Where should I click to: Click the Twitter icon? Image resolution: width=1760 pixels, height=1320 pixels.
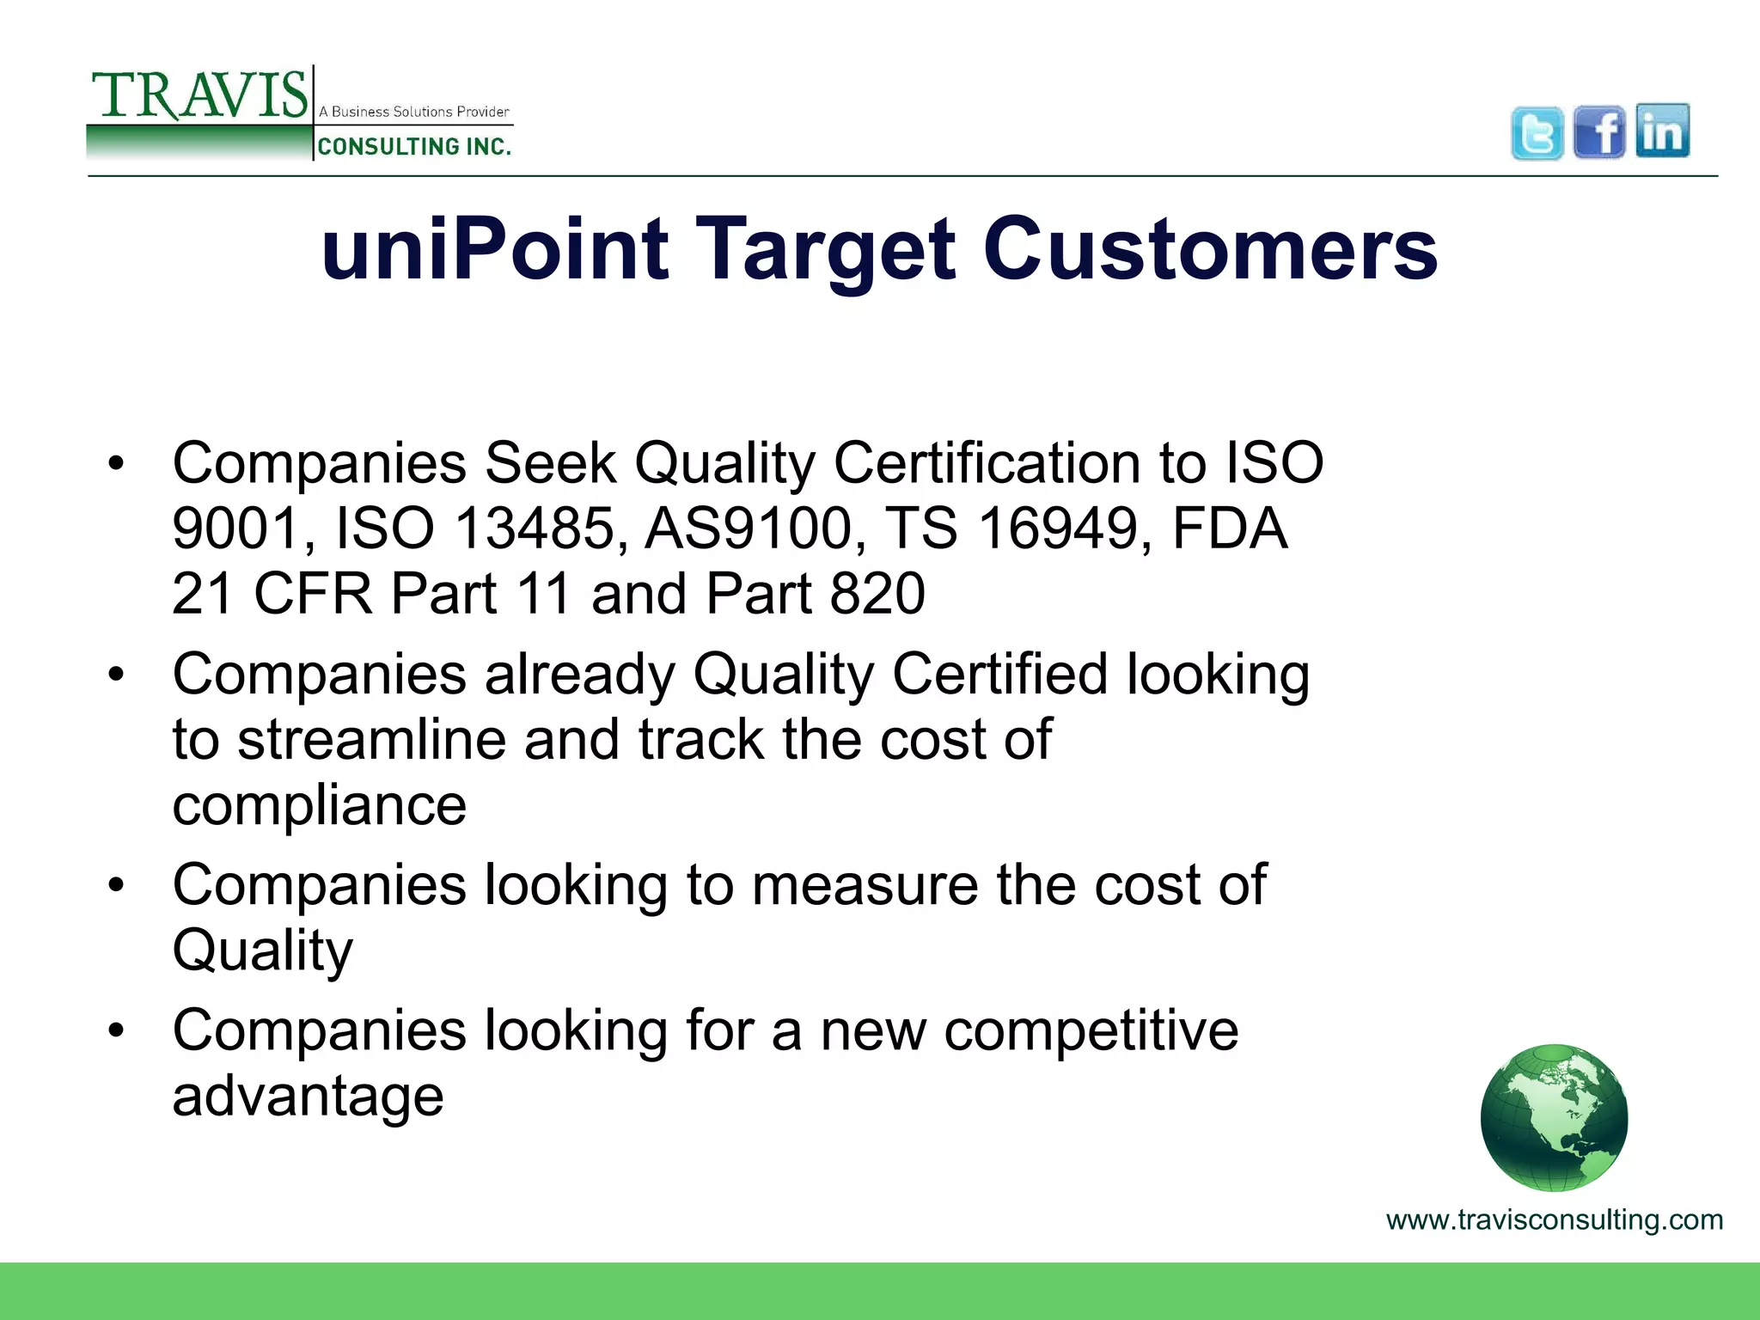tap(1537, 133)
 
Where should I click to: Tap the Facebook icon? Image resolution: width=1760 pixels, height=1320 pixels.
tap(1599, 132)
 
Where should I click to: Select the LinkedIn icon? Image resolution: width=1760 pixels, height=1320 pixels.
tap(1663, 131)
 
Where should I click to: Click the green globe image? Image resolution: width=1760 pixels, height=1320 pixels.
tap(1554, 1117)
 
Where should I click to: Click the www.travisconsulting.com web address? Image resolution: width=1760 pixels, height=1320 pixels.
tap(1554, 1220)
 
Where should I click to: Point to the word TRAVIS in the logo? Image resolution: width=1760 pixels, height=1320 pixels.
tap(199, 95)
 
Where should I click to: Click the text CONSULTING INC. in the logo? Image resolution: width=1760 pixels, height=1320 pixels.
tap(414, 147)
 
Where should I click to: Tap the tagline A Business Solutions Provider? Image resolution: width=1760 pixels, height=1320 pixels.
tap(414, 112)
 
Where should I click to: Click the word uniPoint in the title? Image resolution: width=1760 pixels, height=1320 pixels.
tap(494, 249)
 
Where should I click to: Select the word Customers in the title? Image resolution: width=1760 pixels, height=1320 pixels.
tap(1210, 249)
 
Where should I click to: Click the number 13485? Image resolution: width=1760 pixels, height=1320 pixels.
tap(535, 528)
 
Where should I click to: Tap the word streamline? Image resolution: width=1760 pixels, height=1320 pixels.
tap(371, 740)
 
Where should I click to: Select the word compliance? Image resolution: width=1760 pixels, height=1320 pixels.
tap(319, 806)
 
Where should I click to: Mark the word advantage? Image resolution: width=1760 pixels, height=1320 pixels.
tap(308, 1097)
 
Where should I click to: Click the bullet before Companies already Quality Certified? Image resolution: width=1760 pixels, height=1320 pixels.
tap(117, 675)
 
